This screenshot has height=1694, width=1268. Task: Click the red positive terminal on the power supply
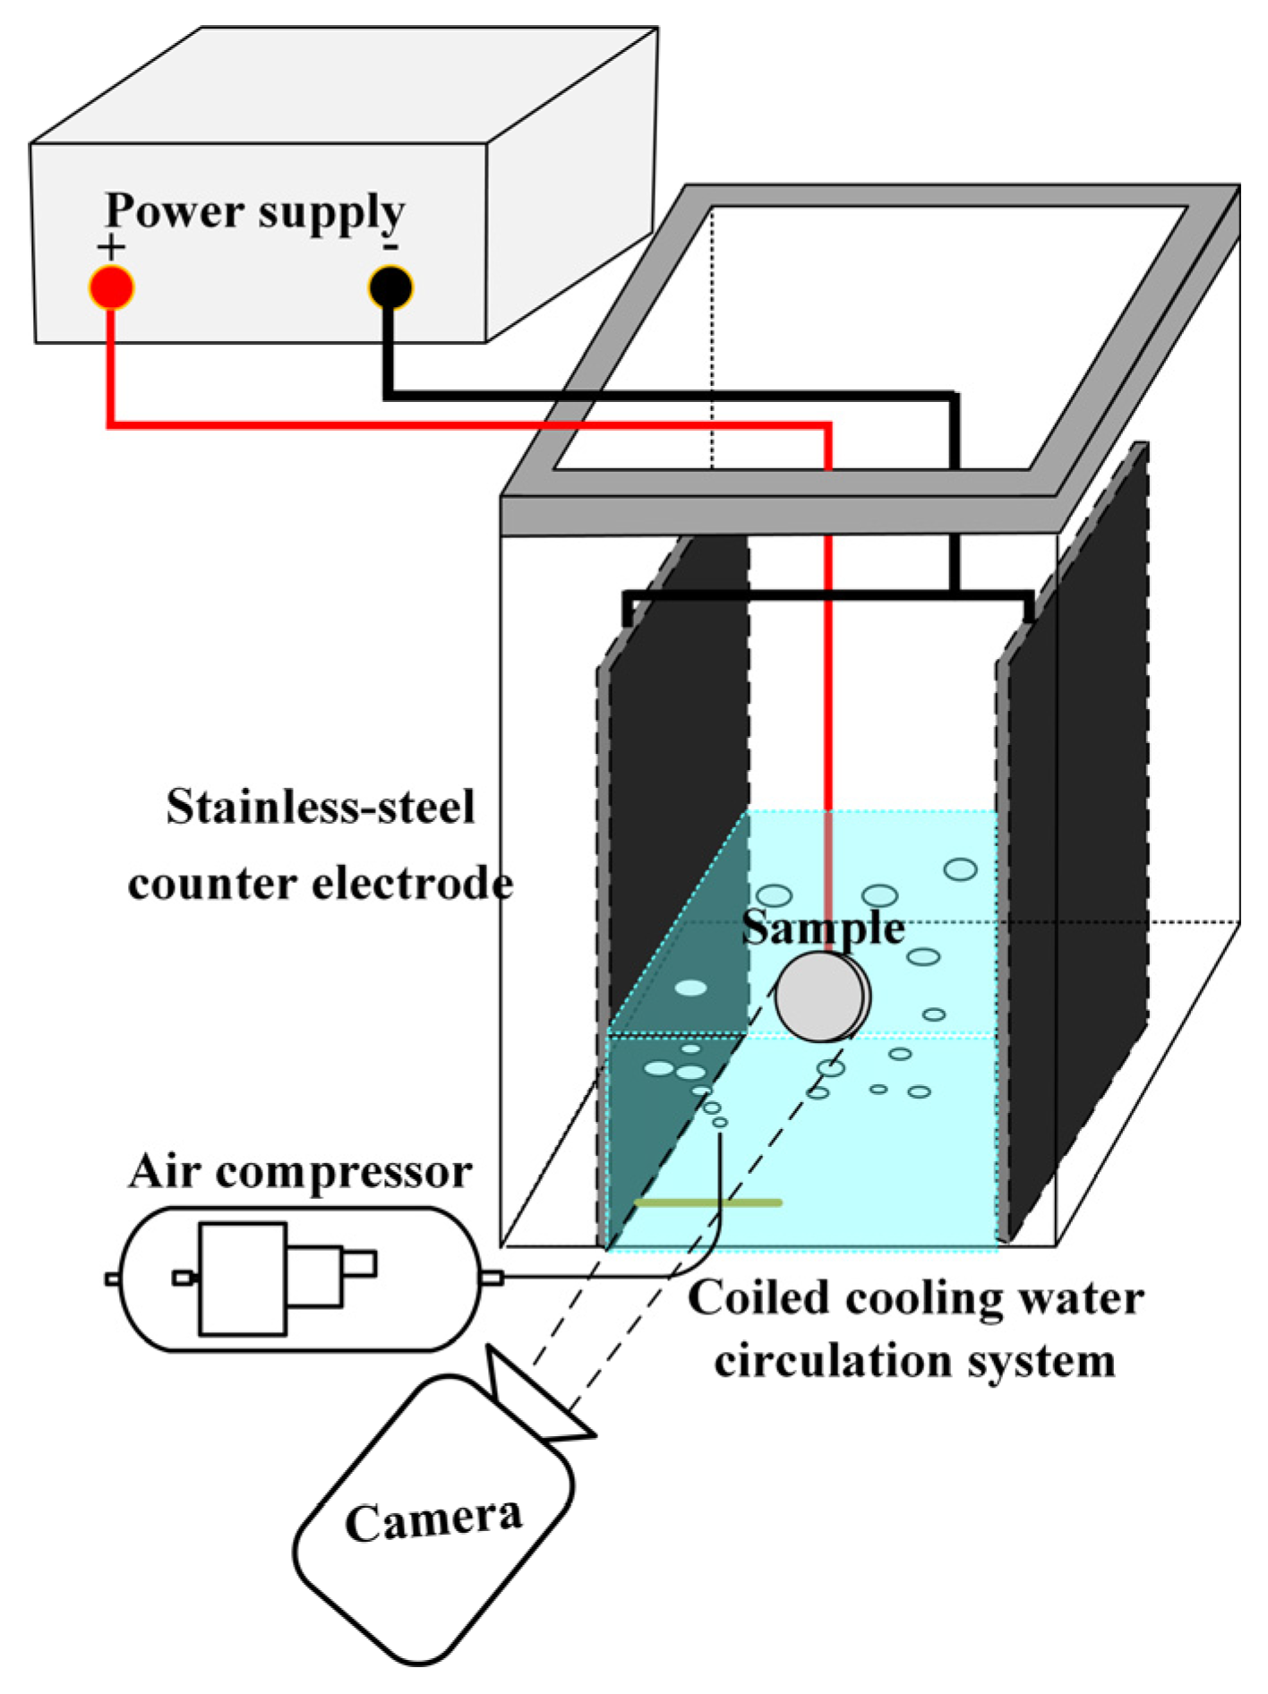click(x=111, y=288)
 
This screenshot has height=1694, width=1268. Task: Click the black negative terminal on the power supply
click(x=390, y=288)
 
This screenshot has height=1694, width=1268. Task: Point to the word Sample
click(x=822, y=928)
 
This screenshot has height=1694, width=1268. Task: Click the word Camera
click(x=433, y=1519)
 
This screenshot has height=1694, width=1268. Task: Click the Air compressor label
click(x=300, y=1172)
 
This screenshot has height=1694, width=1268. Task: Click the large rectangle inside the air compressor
click(x=243, y=1279)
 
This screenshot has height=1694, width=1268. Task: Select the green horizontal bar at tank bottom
click(x=707, y=1202)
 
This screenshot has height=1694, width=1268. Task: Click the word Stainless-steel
click(x=321, y=807)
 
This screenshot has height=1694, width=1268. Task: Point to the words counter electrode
click(x=321, y=885)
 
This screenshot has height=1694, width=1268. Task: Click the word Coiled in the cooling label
click(x=758, y=1298)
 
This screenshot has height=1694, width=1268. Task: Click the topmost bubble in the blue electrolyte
click(x=960, y=869)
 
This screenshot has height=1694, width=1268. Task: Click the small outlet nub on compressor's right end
click(x=492, y=1278)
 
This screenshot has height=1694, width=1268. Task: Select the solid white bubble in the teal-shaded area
click(x=690, y=988)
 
